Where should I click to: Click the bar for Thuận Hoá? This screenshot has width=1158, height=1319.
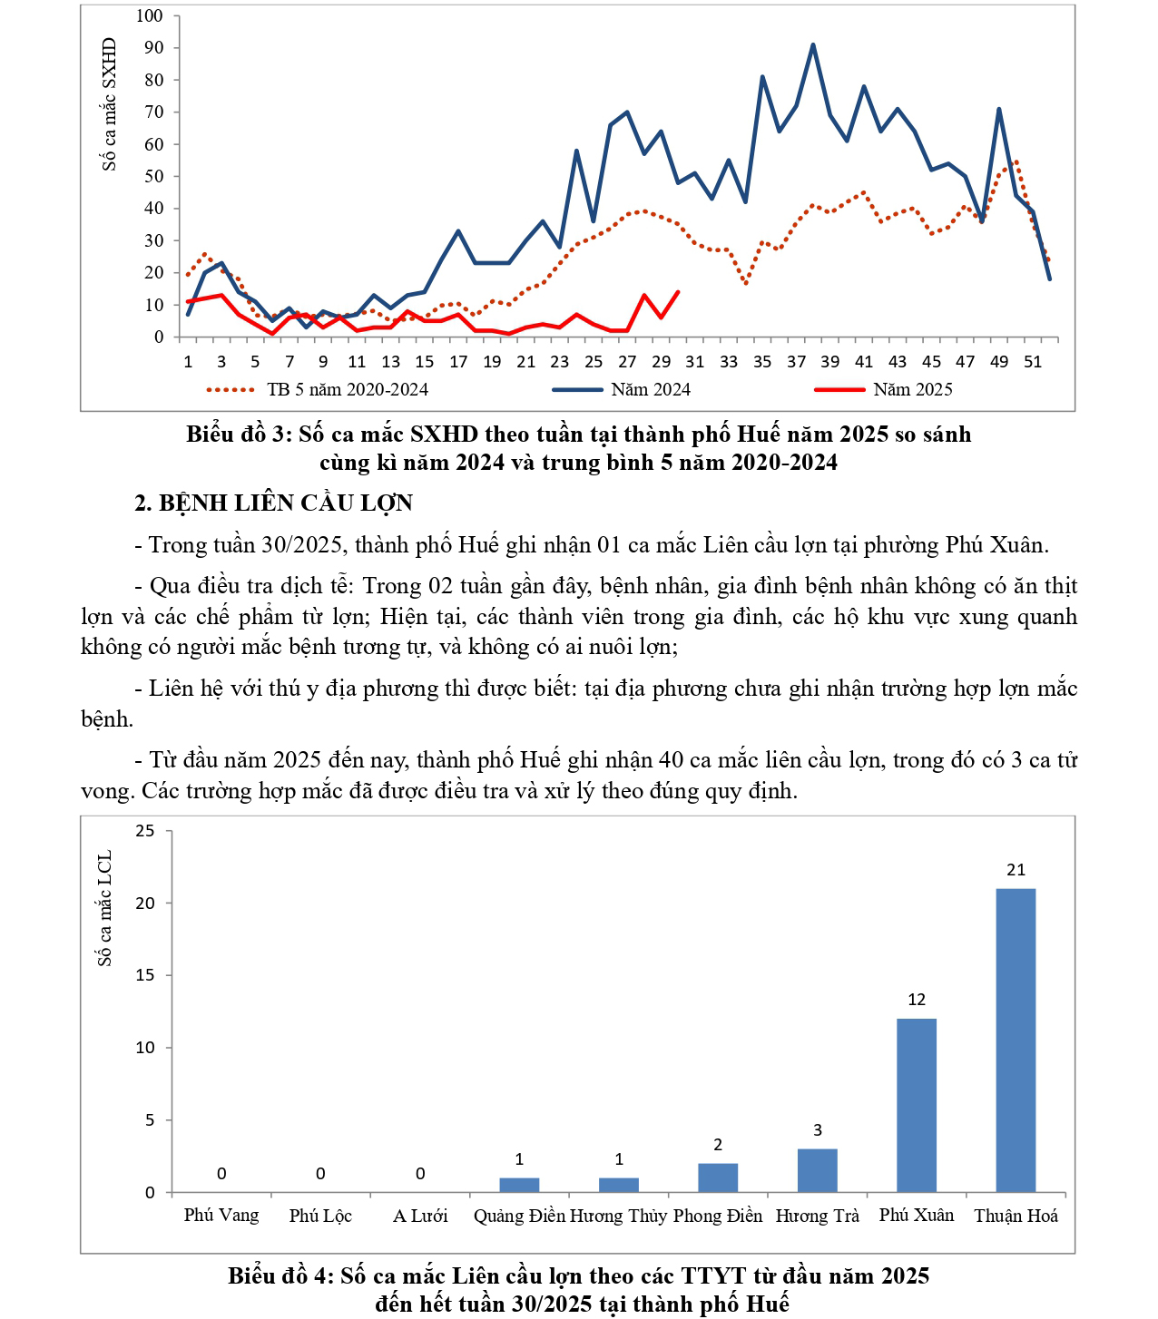click(x=1016, y=1040)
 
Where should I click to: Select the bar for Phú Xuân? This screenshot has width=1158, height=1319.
click(x=917, y=1105)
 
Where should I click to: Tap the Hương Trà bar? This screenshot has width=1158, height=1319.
click(x=817, y=1170)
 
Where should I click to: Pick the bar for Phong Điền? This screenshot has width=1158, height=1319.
click(x=718, y=1177)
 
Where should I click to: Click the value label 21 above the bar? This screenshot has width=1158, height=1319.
click(x=1016, y=870)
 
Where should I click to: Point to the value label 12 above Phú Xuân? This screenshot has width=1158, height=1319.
click(x=917, y=1000)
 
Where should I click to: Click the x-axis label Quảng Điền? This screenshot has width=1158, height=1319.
click(x=519, y=1216)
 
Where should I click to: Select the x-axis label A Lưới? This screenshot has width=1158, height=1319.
click(x=420, y=1216)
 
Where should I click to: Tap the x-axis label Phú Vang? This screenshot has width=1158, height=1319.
click(x=221, y=1216)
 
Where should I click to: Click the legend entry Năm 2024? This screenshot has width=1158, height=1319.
click(x=651, y=390)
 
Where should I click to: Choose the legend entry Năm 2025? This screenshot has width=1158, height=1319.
click(x=912, y=390)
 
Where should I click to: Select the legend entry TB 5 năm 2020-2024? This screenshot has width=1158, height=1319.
click(x=348, y=390)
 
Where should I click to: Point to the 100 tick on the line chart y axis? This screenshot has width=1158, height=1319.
click(x=150, y=15)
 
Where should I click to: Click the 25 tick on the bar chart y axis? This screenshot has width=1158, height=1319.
click(x=145, y=831)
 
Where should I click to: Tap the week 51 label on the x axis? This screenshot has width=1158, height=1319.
click(x=1033, y=361)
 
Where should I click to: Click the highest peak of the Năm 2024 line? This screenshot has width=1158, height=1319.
click(x=812, y=44)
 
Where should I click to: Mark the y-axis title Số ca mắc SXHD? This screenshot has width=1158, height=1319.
click(x=110, y=104)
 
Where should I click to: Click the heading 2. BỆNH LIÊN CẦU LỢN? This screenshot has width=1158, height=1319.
click(x=274, y=503)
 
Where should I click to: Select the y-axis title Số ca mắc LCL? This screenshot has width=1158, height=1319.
click(x=105, y=908)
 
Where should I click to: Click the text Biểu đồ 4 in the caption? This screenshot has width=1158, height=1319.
click(x=280, y=1276)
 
